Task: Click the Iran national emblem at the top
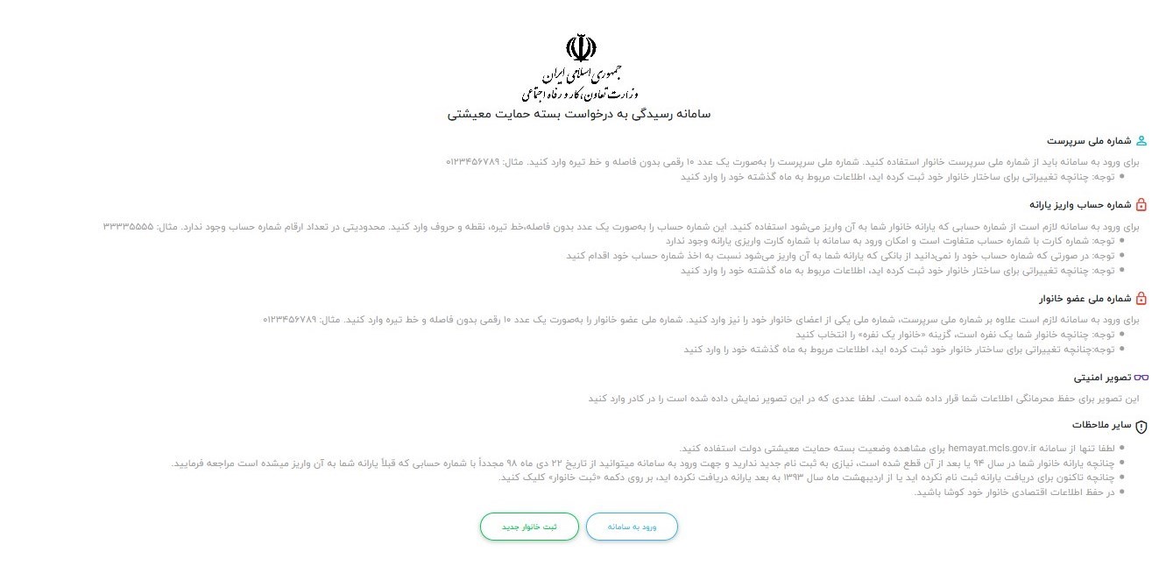pyautogui.click(x=581, y=47)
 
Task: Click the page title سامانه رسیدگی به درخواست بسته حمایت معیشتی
pyautogui.click(x=579, y=114)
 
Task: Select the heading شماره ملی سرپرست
pyautogui.click(x=1087, y=141)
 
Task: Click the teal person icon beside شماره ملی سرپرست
pyautogui.click(x=1141, y=141)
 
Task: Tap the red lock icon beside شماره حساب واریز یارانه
pyautogui.click(x=1141, y=205)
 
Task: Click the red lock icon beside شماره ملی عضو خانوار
pyautogui.click(x=1141, y=298)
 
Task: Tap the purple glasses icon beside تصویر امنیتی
pyautogui.click(x=1141, y=378)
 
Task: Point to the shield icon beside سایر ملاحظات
pyautogui.click(x=1141, y=426)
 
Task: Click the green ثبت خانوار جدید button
pyautogui.click(x=529, y=527)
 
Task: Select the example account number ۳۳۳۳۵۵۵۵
pyautogui.click(x=128, y=226)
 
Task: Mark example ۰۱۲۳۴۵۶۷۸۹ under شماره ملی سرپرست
pyautogui.click(x=472, y=162)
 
